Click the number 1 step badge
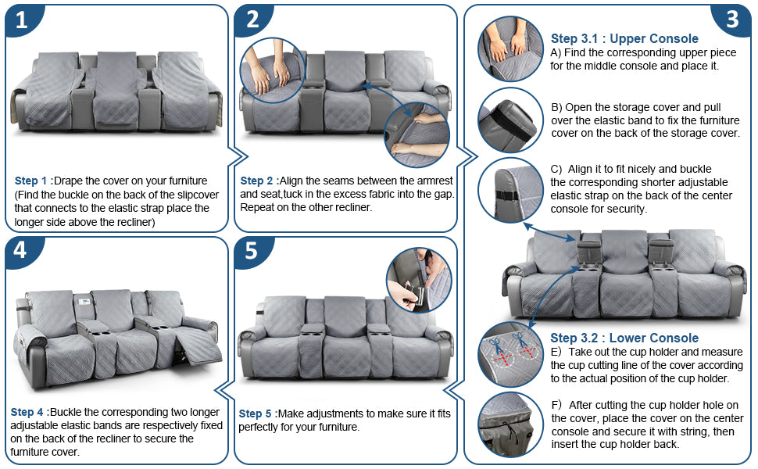(22, 20)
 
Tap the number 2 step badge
(252, 20)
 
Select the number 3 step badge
(732, 20)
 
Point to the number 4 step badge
(20, 250)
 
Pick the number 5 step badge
(252, 250)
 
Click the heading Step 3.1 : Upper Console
(624, 38)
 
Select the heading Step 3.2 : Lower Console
(624, 338)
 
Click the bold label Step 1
(31, 181)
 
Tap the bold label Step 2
(256, 181)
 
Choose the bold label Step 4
(27, 413)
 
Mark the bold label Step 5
(256, 414)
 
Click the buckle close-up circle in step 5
(419, 281)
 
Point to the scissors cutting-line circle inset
(510, 355)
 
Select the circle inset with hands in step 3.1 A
(510, 48)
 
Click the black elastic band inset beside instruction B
(510, 120)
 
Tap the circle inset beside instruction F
(510, 425)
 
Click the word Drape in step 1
(66, 181)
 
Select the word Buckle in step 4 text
(66, 413)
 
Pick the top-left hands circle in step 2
(272, 70)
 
